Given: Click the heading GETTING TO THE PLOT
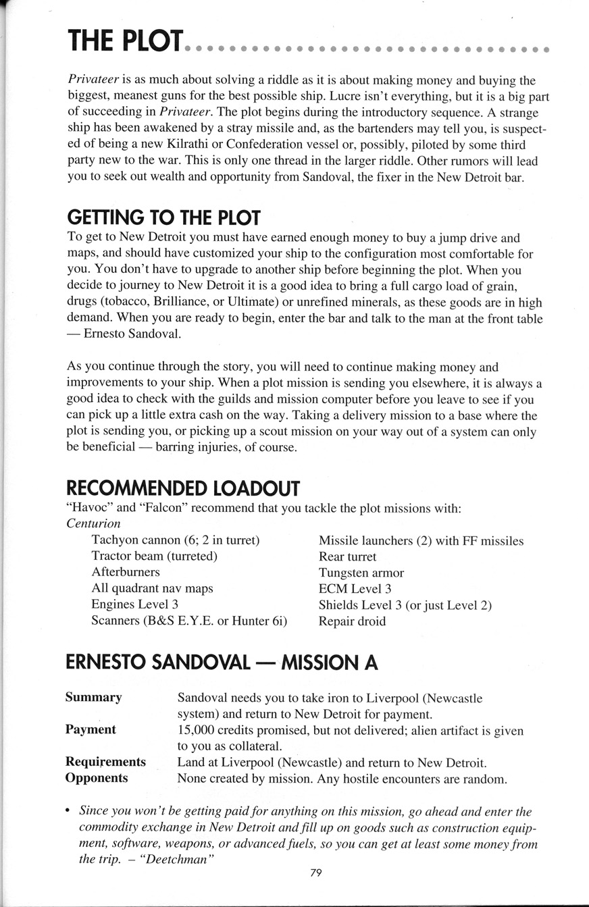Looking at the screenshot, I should click(x=163, y=218).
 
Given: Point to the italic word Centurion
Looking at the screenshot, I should click(x=94, y=523).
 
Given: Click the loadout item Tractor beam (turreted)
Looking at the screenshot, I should click(x=154, y=556).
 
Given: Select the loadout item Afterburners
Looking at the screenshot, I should click(x=126, y=572).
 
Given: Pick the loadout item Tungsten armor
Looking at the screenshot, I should click(x=361, y=573).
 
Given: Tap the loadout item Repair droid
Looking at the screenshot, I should click(x=352, y=621).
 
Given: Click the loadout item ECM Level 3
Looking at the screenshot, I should click(x=355, y=589).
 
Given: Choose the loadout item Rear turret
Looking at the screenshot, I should click(x=347, y=556).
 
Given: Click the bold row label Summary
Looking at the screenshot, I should click(x=93, y=697).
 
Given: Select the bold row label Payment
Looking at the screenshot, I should click(x=91, y=729).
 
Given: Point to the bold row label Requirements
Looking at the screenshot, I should click(x=105, y=762).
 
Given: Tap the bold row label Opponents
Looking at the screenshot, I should click(x=97, y=778).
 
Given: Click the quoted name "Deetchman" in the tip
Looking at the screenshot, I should click(x=170, y=860).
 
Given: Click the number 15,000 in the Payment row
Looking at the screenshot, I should click(x=197, y=730).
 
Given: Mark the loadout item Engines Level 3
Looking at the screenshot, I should click(x=134, y=605).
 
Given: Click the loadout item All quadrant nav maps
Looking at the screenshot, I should click(x=152, y=588).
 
